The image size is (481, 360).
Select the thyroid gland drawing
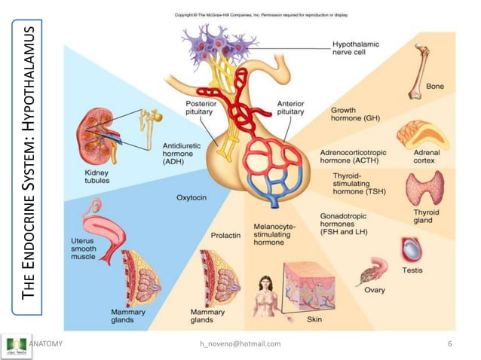point(424,188)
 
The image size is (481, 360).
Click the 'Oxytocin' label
point(191,198)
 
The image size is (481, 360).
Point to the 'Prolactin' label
point(225,235)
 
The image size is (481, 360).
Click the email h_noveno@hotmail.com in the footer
point(239,344)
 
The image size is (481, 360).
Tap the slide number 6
point(450,344)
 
